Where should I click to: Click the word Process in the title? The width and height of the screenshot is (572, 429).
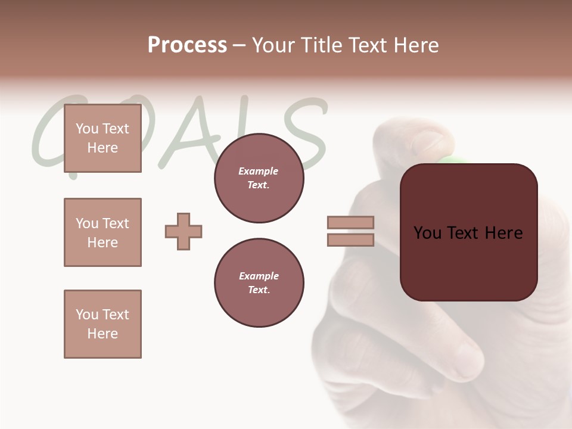point(187,45)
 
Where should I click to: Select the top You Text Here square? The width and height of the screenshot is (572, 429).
point(102,138)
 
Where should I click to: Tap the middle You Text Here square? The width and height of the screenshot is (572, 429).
point(102,232)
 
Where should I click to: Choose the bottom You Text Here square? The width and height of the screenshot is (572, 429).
point(102,324)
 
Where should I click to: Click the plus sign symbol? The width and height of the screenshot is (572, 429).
point(184,231)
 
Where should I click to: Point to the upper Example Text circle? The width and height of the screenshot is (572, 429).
point(259,178)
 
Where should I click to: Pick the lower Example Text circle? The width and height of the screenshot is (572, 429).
point(259,283)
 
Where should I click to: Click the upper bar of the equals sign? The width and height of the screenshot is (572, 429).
point(350,222)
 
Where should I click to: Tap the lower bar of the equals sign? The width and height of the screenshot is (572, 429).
point(350,240)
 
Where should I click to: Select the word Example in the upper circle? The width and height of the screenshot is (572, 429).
point(259,171)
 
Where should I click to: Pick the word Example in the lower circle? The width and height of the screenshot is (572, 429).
point(259,276)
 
